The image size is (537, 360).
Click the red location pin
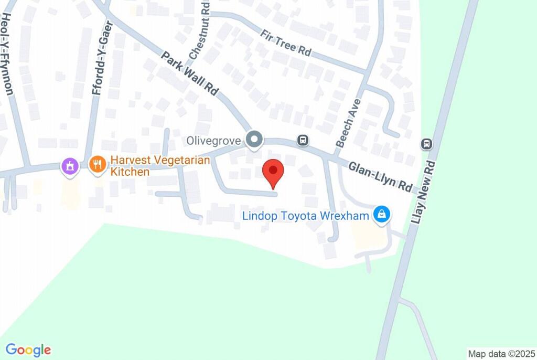(273, 172)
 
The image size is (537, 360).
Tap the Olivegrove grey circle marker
(255, 140)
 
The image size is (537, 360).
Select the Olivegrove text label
(214, 141)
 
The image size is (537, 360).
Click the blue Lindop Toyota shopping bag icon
(381, 214)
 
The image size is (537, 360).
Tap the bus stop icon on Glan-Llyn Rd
(303, 140)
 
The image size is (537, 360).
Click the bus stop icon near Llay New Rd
(427, 144)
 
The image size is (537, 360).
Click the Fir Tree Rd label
(286, 43)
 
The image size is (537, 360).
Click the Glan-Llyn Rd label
(381, 176)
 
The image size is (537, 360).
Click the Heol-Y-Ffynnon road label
(7, 55)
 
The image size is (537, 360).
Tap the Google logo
(28, 350)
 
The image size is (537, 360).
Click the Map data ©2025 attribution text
(500, 353)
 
